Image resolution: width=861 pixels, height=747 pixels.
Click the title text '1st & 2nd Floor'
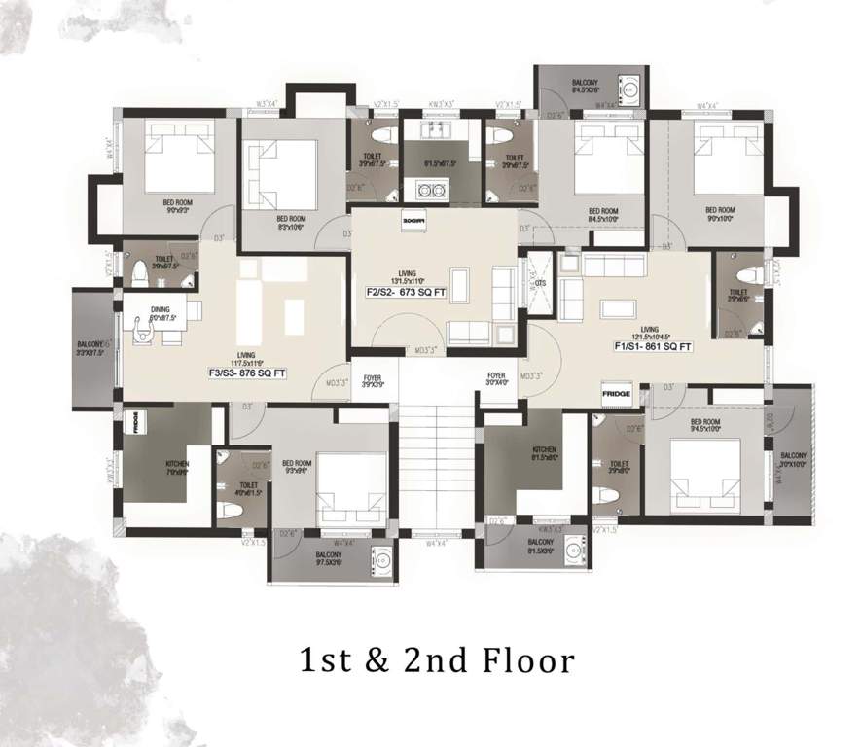pos(436,661)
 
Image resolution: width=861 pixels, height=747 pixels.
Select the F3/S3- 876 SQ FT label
pos(248,371)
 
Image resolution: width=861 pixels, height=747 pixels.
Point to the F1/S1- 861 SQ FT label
pos(653,346)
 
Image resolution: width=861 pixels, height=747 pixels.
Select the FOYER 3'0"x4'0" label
pos(497,379)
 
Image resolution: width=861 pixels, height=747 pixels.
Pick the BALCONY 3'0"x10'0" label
pos(794,459)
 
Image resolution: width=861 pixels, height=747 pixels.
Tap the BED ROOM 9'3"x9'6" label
pos(296,467)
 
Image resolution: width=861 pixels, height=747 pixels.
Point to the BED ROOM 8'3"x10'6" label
pos(291,224)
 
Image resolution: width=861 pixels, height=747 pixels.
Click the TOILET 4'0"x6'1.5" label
pos(248,489)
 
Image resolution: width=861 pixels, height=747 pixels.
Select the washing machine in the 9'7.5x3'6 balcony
pos(383,559)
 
